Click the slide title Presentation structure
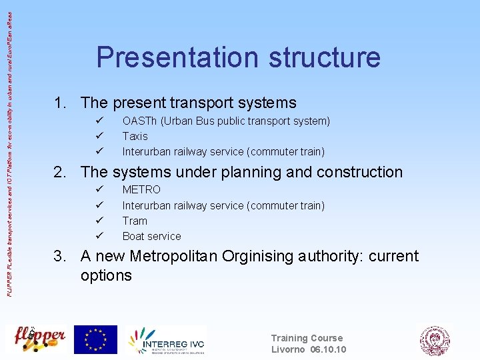point(238,57)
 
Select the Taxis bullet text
point(135,136)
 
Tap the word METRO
point(141,190)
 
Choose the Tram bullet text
point(135,221)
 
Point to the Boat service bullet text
point(151,236)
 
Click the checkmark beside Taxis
point(99,136)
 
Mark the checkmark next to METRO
point(99,190)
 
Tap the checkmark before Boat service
point(99,236)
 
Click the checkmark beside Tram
point(99,221)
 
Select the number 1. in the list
point(61,103)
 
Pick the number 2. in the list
point(61,172)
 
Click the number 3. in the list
point(61,257)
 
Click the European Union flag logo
point(95,339)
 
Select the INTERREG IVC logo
point(167,340)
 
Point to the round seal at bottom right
point(434,340)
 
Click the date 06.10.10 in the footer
point(328,349)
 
